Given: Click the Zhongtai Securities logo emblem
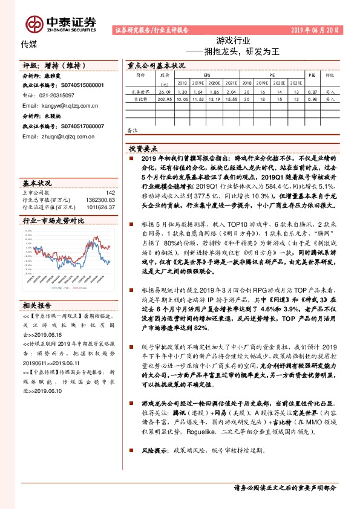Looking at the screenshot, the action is click(34, 24).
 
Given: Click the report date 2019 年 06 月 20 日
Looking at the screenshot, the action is click(316, 30).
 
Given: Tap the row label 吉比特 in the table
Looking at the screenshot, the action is click(140, 98).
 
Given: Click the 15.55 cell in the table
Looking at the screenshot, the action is click(231, 98).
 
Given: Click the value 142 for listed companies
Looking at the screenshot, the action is click(110, 193).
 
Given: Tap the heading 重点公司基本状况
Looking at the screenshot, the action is click(156, 65).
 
